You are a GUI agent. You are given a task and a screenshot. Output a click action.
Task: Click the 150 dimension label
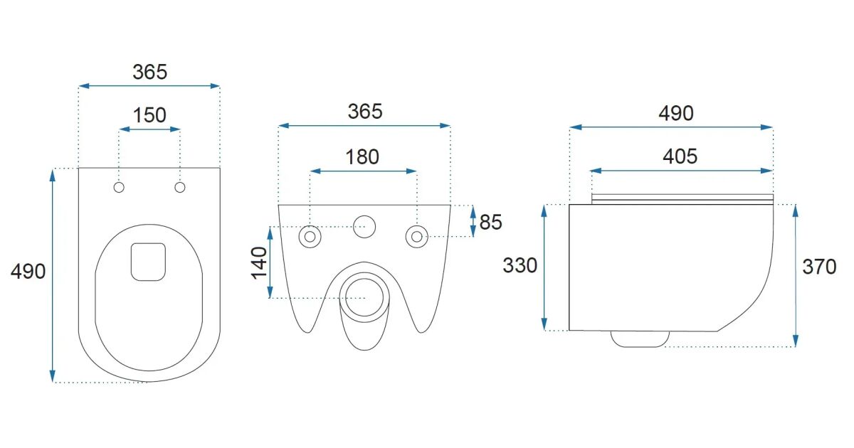[x=149, y=115]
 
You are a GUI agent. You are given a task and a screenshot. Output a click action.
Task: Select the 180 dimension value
[x=362, y=157]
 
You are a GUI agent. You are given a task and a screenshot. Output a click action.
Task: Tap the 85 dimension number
[x=490, y=222]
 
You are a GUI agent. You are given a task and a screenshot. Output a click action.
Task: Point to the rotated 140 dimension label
[x=259, y=263]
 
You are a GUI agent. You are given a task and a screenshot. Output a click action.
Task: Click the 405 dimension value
[x=680, y=156]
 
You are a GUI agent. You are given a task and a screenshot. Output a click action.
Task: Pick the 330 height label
[x=520, y=265]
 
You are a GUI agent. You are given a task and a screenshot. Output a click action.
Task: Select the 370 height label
[x=820, y=267]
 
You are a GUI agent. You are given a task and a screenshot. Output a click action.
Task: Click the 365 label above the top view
[x=150, y=72]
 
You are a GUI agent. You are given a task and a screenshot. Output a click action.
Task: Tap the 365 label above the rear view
[x=365, y=112]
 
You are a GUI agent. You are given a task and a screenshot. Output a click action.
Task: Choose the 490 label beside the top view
[x=28, y=272]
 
